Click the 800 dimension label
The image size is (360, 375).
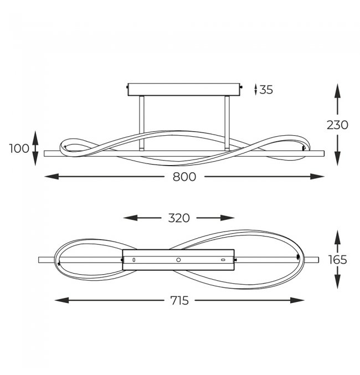(184, 177)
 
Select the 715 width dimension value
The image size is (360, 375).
(179, 300)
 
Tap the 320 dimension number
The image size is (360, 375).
(179, 218)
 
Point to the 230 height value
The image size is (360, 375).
(337, 125)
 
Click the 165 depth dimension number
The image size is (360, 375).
(337, 260)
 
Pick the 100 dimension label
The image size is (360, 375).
(19, 148)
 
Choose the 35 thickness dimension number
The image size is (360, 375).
(266, 90)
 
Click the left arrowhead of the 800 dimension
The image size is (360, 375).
(52, 177)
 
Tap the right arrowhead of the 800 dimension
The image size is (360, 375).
(317, 177)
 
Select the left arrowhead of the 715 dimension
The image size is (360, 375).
(61, 300)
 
